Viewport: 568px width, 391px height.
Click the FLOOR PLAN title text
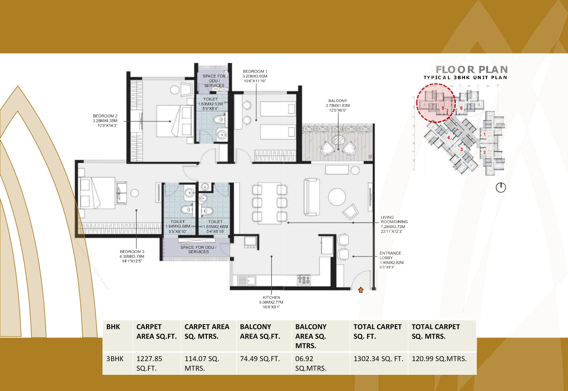point(471,70)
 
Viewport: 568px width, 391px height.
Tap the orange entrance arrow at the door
point(361,290)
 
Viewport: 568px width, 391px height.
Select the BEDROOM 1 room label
point(255,71)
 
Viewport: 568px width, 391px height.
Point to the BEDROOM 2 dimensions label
point(105,121)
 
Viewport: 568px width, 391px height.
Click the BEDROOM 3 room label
point(132,252)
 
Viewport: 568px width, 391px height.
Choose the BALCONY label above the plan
point(338,101)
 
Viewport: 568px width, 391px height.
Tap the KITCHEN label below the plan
point(271,298)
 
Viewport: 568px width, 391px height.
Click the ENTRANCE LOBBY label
point(390,255)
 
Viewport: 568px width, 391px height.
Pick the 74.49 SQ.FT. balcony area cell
point(260,359)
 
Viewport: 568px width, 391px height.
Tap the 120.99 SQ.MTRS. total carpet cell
point(439,359)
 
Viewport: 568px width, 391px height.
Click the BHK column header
point(113,327)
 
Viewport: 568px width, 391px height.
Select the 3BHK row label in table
point(115,359)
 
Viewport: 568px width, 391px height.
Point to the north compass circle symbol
point(501,187)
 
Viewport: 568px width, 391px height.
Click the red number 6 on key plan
point(461,108)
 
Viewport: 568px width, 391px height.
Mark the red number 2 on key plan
point(484,152)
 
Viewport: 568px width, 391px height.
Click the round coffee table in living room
point(337,197)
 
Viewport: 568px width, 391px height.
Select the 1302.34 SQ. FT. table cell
point(378,359)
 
